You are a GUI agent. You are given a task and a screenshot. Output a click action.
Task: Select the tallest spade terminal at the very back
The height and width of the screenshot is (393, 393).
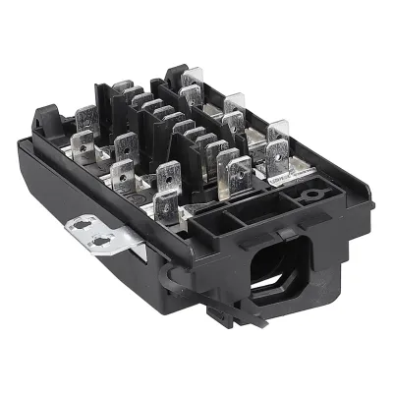click(192, 84)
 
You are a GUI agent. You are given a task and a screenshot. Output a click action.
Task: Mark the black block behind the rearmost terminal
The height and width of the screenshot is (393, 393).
click(177, 77)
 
